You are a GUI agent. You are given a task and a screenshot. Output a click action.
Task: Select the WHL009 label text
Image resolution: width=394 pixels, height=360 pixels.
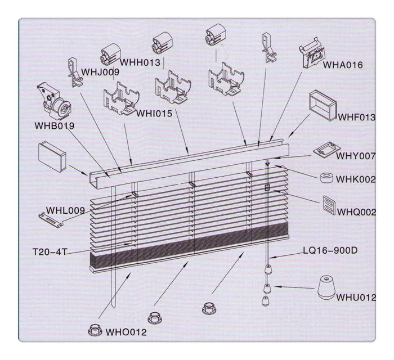65,211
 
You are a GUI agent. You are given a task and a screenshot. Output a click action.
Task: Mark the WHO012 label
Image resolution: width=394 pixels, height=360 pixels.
127,332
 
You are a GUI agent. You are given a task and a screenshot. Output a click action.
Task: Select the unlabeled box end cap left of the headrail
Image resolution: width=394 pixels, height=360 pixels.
52,156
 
